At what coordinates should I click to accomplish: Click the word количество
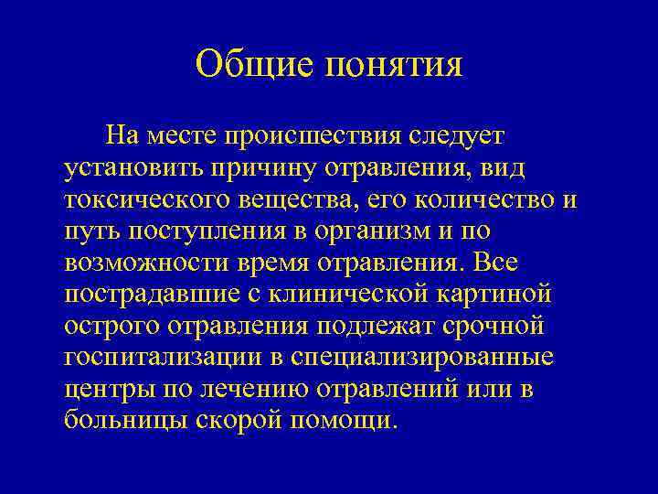click(485, 200)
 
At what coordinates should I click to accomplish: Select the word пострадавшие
click(150, 295)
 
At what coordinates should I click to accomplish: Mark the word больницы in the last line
click(124, 421)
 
